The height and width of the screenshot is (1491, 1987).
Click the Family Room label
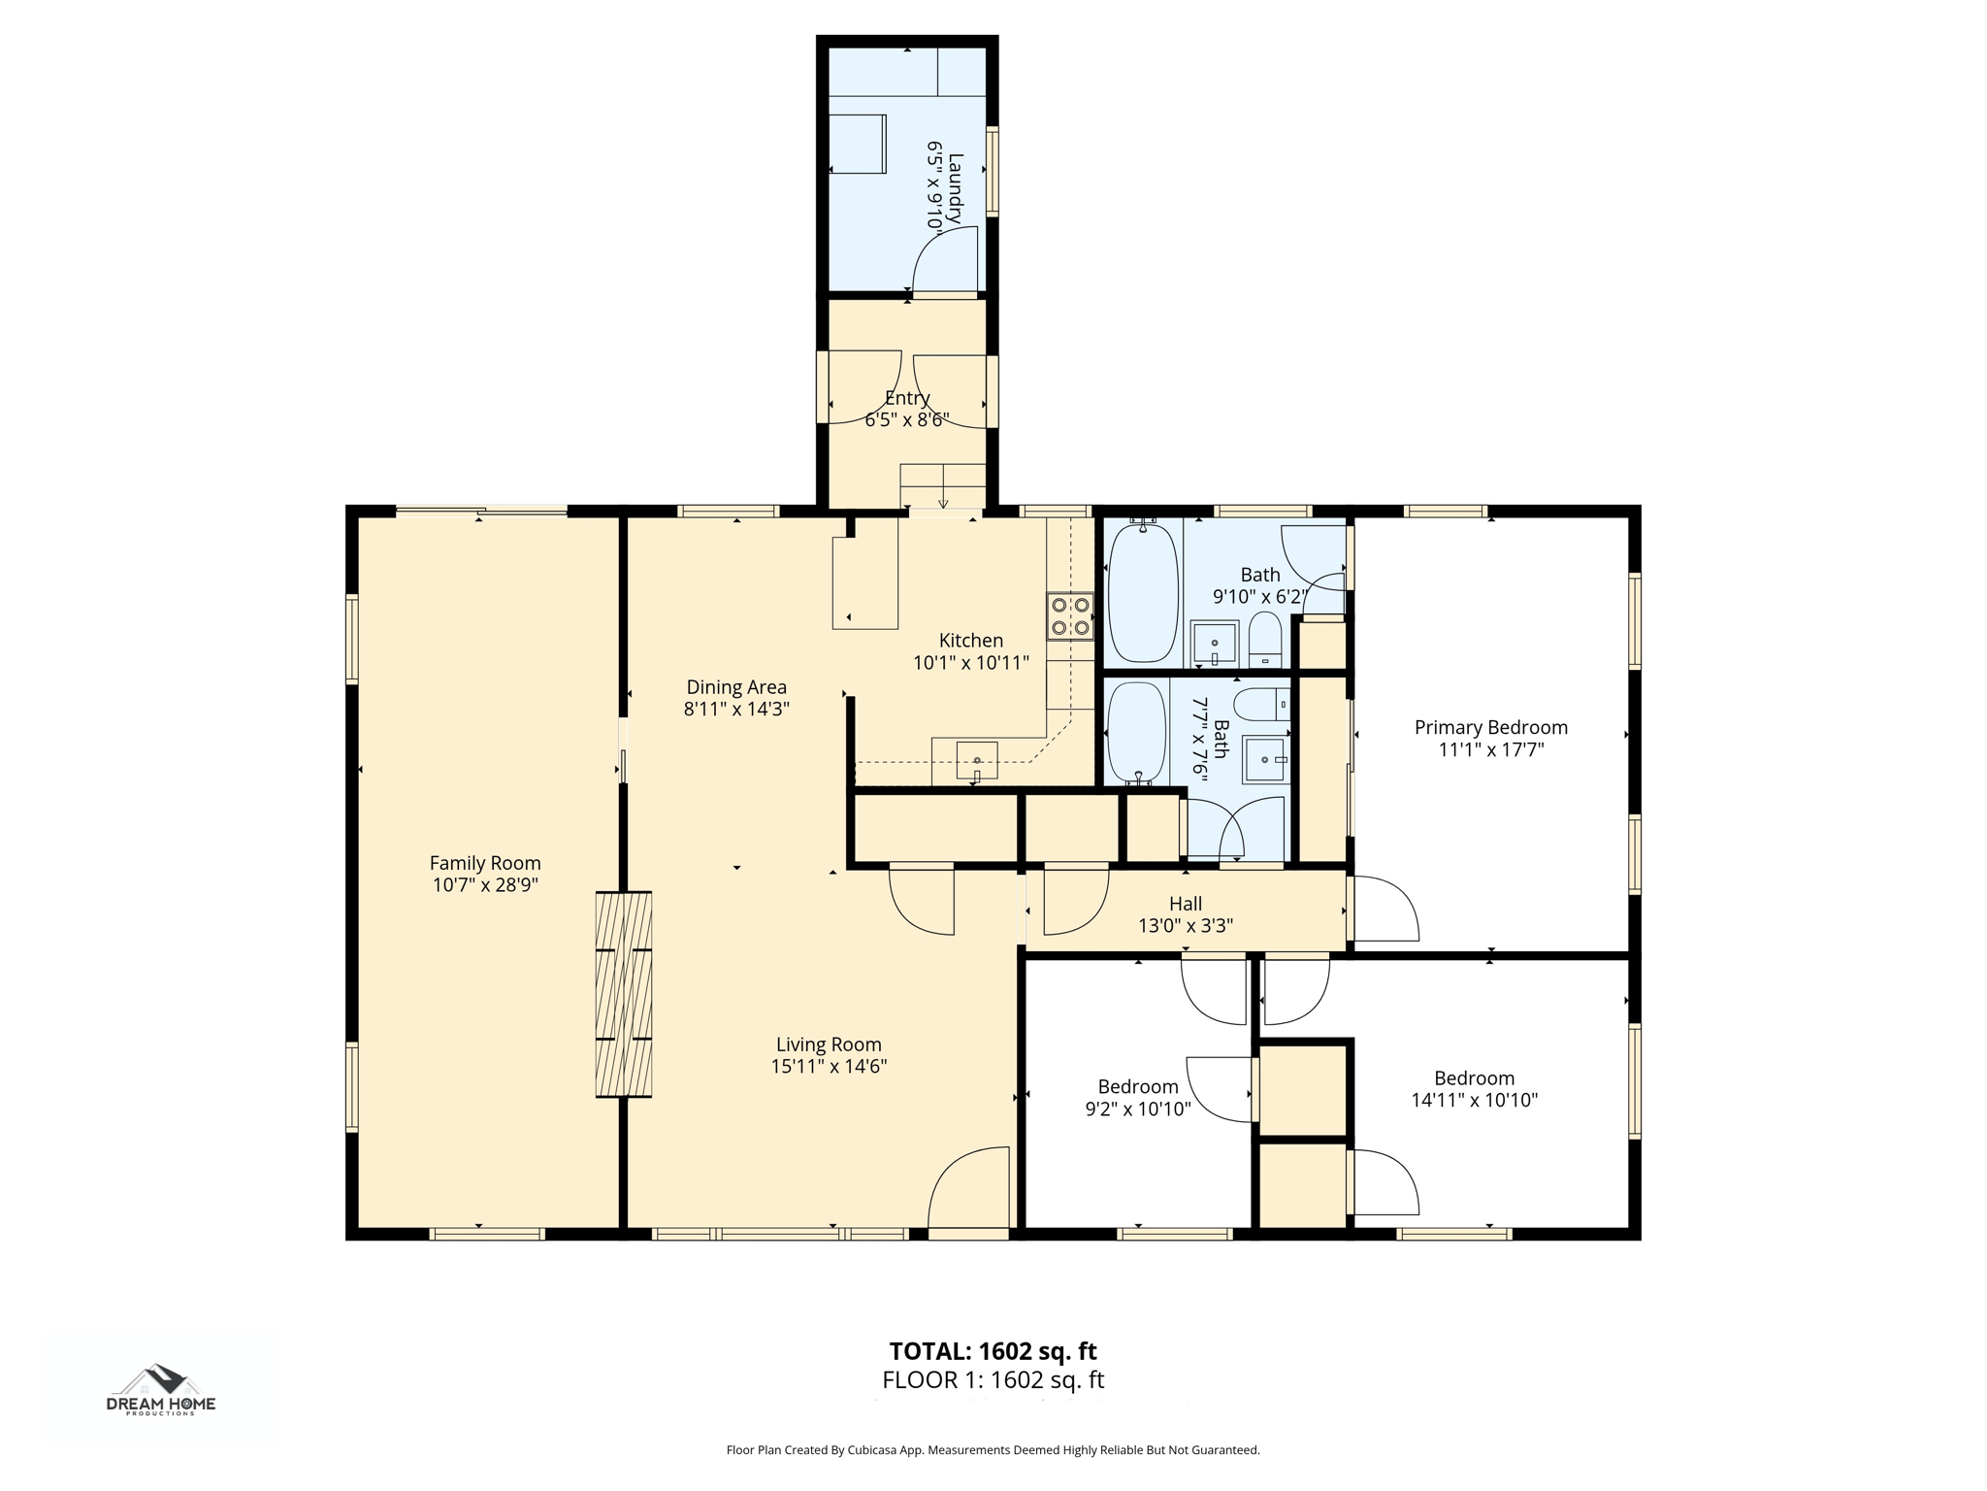(485, 863)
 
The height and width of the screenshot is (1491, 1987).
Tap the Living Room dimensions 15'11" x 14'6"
(829, 1067)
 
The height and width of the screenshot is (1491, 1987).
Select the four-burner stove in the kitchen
(1070, 615)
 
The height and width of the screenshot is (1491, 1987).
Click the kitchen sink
(977, 760)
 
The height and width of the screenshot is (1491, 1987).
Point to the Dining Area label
(736, 687)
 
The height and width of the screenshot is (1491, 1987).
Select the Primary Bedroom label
(1491, 727)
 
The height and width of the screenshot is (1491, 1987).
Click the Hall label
(1186, 904)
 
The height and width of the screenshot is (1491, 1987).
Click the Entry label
(907, 398)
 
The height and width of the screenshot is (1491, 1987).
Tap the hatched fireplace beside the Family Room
(623, 994)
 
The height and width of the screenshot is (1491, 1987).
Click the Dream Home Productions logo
(161, 1391)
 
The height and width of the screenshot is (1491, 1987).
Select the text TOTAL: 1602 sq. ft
(993, 1350)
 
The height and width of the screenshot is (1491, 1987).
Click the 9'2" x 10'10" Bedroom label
(1138, 1087)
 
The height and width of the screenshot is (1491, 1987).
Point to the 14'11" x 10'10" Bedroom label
(1475, 1078)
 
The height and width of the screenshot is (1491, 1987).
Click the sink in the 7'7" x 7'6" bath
(1267, 759)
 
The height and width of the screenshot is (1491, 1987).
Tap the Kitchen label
(971, 641)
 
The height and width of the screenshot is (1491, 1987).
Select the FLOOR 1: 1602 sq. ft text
(993, 1379)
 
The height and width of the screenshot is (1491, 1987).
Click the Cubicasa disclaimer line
(993, 1450)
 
